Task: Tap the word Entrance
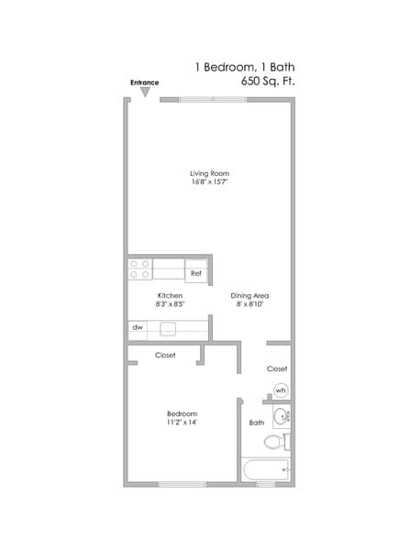(x=144, y=82)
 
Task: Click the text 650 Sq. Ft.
(x=268, y=82)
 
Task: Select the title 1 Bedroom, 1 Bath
(x=245, y=67)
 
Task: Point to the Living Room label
(x=209, y=173)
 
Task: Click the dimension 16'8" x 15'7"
(x=209, y=182)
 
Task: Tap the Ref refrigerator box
(x=196, y=272)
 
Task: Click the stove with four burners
(x=140, y=269)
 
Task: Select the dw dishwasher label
(x=138, y=326)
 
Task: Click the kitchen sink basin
(x=169, y=327)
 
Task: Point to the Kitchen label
(x=171, y=295)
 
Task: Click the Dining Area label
(x=249, y=295)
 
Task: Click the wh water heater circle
(x=281, y=390)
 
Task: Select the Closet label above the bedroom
(x=165, y=355)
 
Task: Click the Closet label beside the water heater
(x=277, y=368)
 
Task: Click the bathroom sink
(x=282, y=417)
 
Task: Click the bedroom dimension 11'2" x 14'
(x=182, y=423)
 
